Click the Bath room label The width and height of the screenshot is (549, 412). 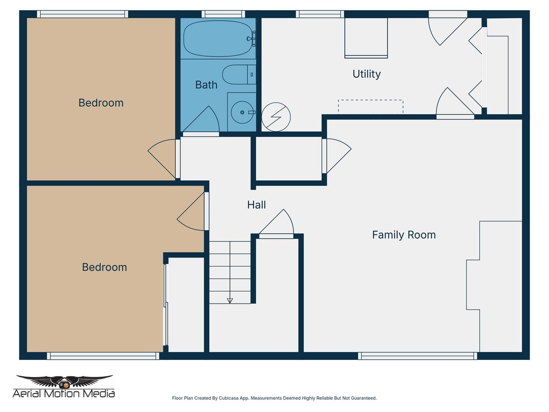click(x=206, y=85)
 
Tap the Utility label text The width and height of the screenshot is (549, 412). click(x=367, y=74)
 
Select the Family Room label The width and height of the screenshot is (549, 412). click(x=404, y=235)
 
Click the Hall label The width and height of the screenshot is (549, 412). click(x=256, y=205)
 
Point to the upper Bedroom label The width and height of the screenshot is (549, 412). click(x=101, y=103)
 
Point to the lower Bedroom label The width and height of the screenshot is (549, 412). click(x=104, y=267)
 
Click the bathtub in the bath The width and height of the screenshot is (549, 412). click(x=217, y=39)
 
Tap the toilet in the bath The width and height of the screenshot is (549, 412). click(x=236, y=75)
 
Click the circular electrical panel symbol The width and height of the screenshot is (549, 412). click(x=276, y=116)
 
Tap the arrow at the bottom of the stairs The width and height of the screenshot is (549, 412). click(x=230, y=300)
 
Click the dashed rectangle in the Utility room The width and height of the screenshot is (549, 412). click(x=370, y=106)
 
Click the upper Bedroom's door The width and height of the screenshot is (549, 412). click(x=162, y=158)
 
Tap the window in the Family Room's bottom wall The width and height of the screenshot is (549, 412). click(x=418, y=356)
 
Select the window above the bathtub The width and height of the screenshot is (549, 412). click(x=223, y=14)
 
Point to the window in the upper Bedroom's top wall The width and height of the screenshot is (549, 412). click(x=83, y=14)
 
